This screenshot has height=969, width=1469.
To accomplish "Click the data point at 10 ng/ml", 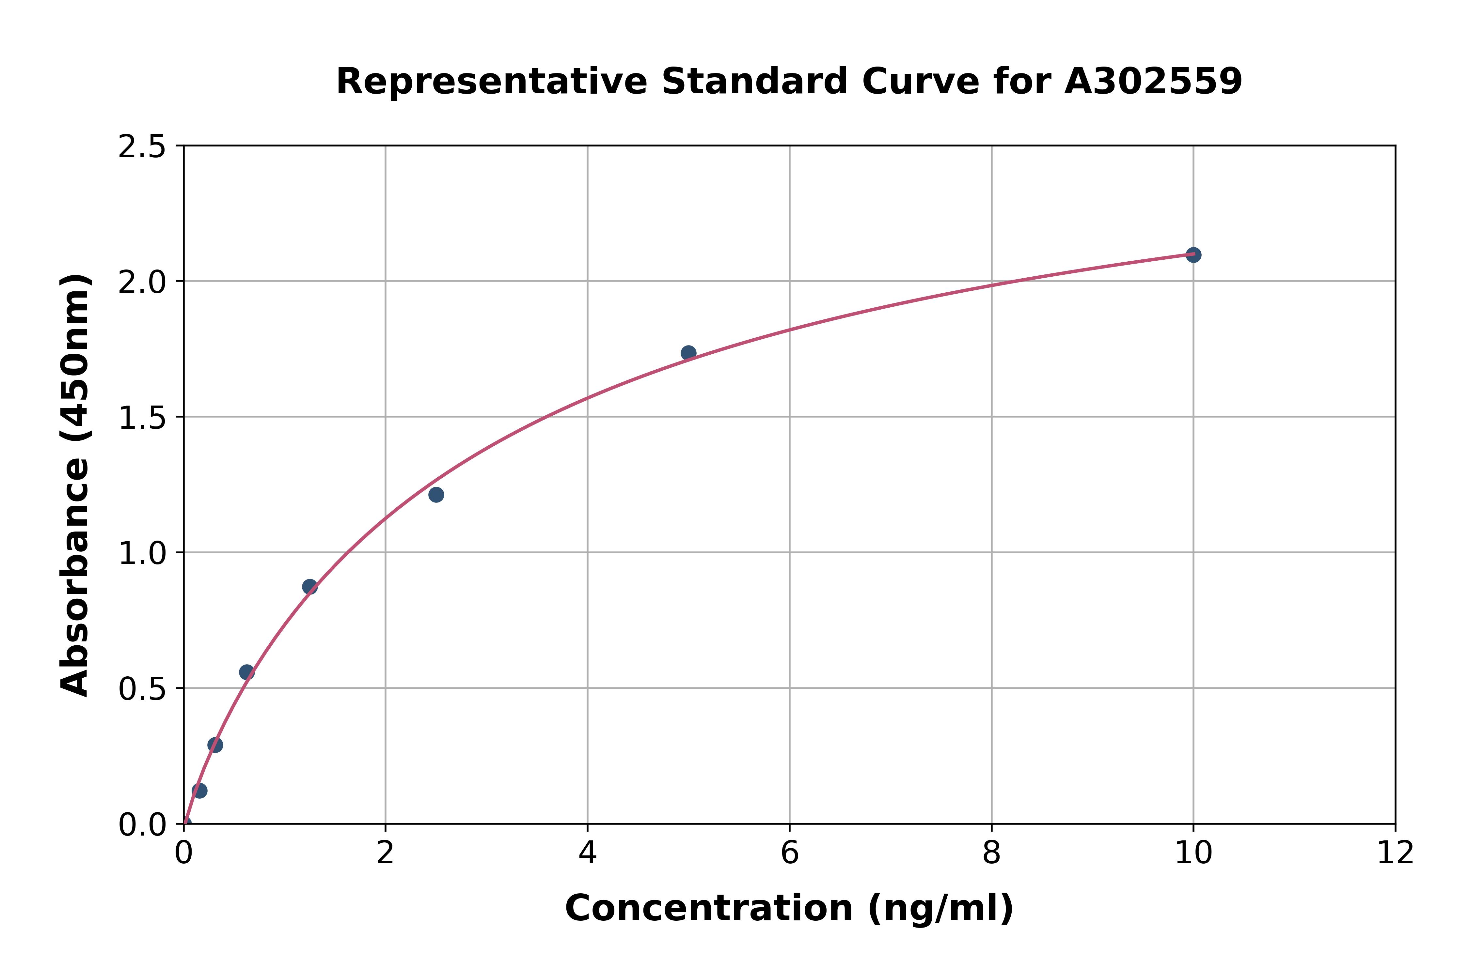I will pos(1193,254).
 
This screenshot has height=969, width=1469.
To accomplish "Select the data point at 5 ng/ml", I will pos(688,353).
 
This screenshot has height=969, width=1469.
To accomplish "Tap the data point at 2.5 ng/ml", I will pos(436,494).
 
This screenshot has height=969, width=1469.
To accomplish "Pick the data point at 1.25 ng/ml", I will pos(310,587).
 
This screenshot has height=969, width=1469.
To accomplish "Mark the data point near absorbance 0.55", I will pos(247,672).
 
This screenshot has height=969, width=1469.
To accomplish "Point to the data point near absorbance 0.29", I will pos(215,745).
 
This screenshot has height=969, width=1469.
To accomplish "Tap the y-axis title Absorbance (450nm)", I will pos(75,485).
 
